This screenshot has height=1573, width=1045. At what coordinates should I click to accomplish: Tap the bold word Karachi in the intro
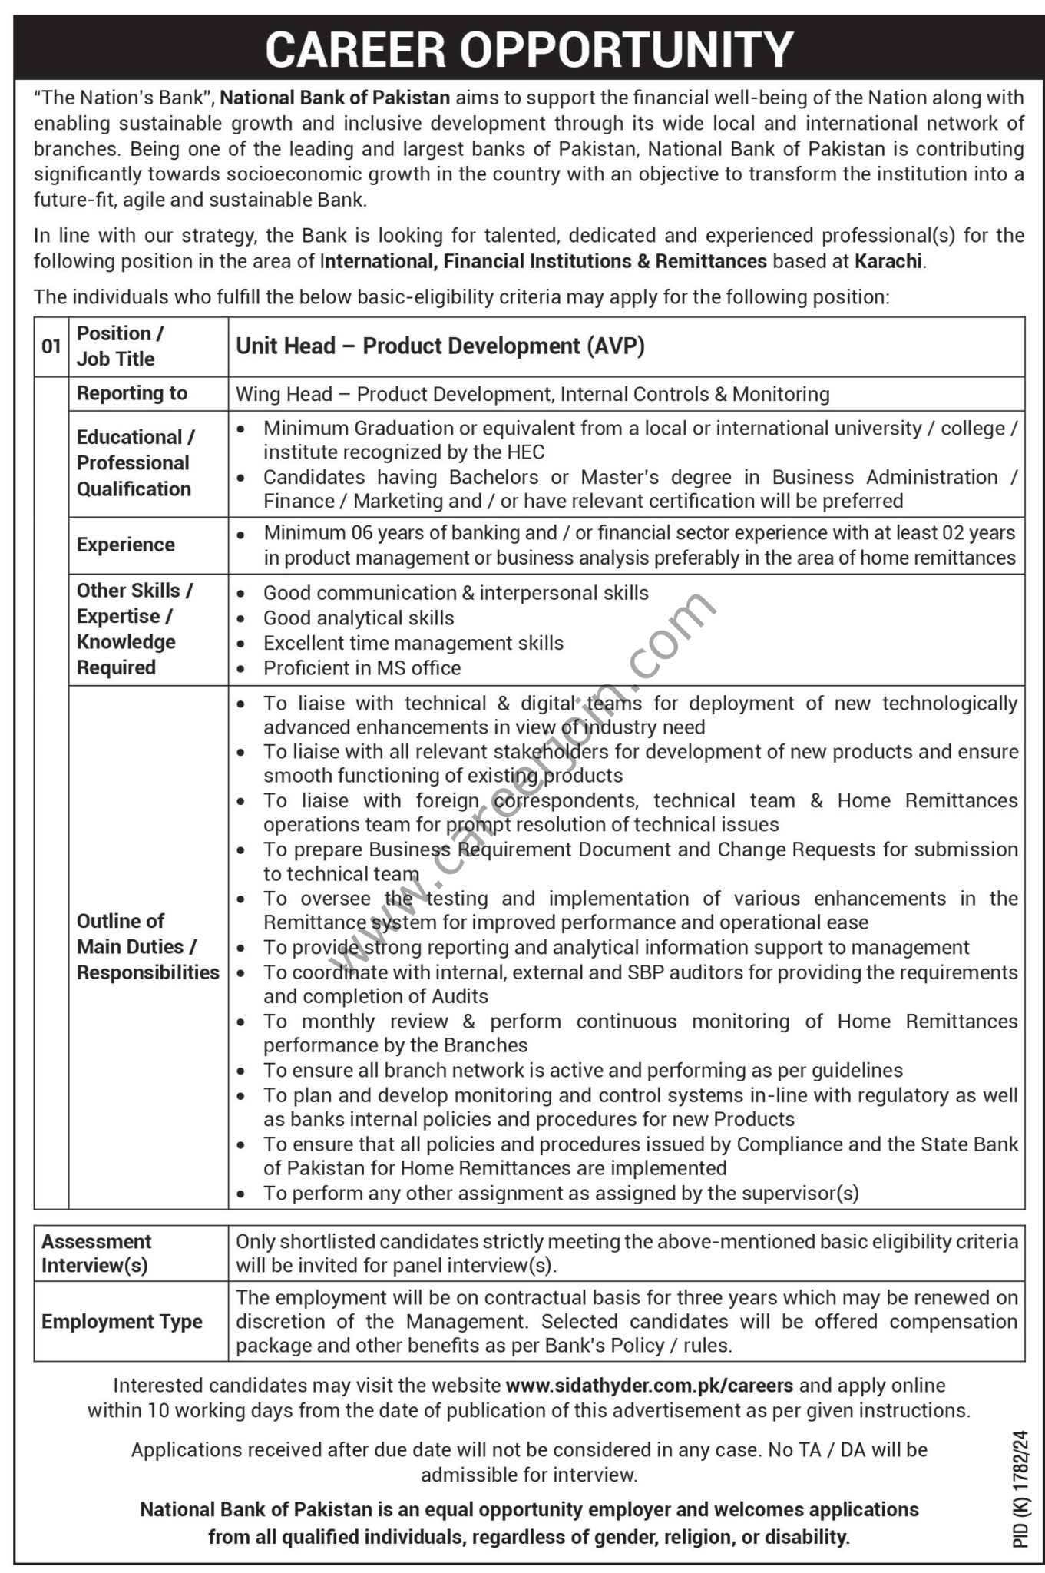click(888, 261)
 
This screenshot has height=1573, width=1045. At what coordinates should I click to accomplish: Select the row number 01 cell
click(51, 346)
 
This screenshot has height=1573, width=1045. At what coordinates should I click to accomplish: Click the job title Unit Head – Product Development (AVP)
click(440, 346)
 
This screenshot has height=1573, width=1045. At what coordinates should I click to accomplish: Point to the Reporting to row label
click(131, 393)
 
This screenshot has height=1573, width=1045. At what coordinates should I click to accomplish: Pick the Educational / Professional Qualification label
click(135, 462)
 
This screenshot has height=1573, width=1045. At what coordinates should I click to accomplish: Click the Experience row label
click(125, 545)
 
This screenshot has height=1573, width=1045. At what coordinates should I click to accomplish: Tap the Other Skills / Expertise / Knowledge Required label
click(134, 629)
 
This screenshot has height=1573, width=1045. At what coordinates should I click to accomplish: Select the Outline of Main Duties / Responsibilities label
click(147, 946)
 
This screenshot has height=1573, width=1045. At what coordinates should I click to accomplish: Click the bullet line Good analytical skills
click(358, 618)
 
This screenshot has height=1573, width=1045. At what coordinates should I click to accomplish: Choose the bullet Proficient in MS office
click(362, 668)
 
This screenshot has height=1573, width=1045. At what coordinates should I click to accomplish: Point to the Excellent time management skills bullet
click(413, 643)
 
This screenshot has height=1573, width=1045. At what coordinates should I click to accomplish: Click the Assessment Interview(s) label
click(96, 1253)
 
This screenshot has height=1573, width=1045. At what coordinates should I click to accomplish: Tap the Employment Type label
click(121, 1321)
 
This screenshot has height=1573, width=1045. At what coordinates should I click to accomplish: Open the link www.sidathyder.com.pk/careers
click(649, 1386)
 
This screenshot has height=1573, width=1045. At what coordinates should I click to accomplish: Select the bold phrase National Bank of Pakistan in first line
click(336, 98)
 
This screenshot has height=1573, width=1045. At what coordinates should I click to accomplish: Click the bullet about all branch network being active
click(583, 1070)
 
